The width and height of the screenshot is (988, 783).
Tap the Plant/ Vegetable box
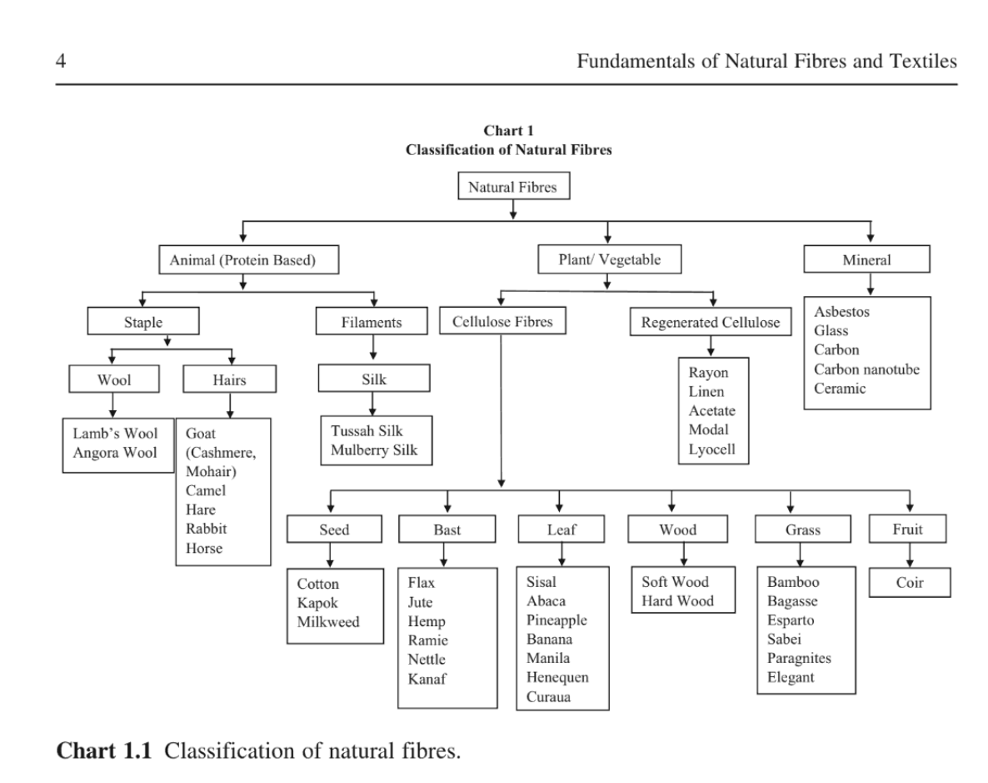pos(610,259)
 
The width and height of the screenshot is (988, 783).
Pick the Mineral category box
pos(866,259)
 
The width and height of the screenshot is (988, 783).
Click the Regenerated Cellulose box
pos(711,323)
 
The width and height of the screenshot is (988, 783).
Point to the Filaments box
pos(372,323)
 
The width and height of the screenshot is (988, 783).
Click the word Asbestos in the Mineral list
pos(841,312)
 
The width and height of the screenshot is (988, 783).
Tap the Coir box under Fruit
pos(910,584)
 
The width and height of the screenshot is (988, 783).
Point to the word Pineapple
pos(557,620)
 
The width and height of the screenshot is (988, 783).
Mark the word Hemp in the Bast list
pos(427,621)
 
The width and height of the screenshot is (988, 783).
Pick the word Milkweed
pos(328,621)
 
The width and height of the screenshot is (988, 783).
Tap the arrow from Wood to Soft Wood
pos(684,555)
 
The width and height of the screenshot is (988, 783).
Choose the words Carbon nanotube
pos(867,369)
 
